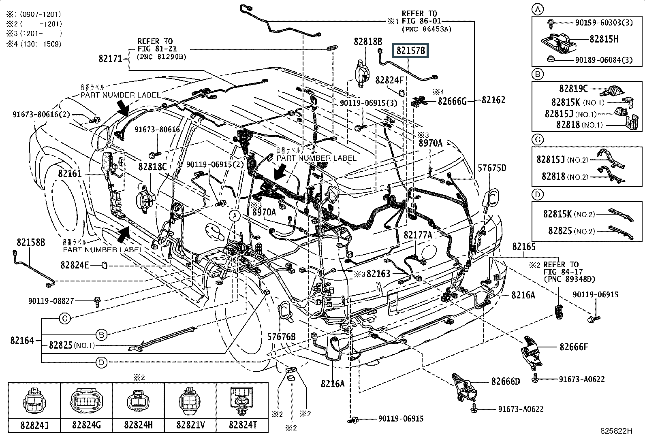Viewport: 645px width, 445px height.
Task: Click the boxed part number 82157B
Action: coord(411,51)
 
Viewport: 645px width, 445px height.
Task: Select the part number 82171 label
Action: coord(110,59)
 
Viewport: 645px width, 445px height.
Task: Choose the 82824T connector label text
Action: coord(242,425)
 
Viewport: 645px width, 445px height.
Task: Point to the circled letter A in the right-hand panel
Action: coord(538,9)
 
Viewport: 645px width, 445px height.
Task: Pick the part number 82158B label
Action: coord(31,243)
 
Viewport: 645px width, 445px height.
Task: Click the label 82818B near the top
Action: coord(367,41)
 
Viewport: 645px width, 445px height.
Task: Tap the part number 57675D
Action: coord(491,168)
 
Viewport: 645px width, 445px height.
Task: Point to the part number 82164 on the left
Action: coord(22,341)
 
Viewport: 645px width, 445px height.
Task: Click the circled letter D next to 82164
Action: coord(102,362)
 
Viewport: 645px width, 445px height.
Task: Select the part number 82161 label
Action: coord(70,173)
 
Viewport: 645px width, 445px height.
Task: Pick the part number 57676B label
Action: coord(281,336)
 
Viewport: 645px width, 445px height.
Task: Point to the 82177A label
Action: coord(418,235)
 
